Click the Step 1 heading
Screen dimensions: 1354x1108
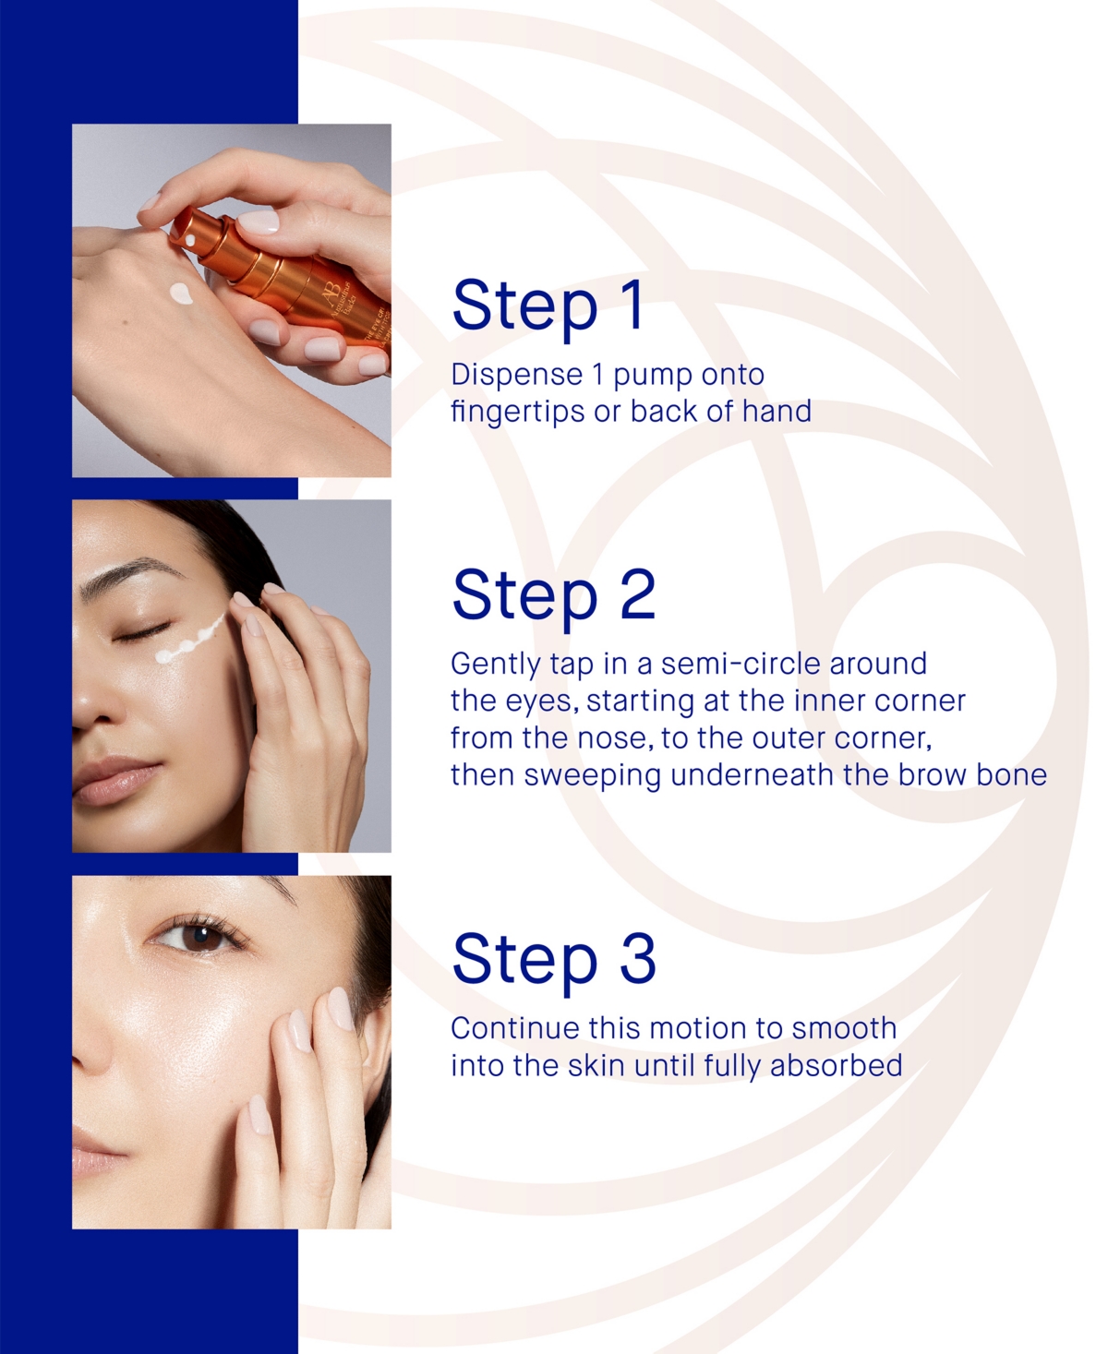tap(548, 306)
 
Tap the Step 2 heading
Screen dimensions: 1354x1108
tap(554, 595)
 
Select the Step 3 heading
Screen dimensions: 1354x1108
tap(554, 959)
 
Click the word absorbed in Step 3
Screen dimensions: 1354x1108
tap(836, 1065)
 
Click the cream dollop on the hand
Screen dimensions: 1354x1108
tap(181, 294)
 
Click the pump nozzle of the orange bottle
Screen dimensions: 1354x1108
tap(190, 240)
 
